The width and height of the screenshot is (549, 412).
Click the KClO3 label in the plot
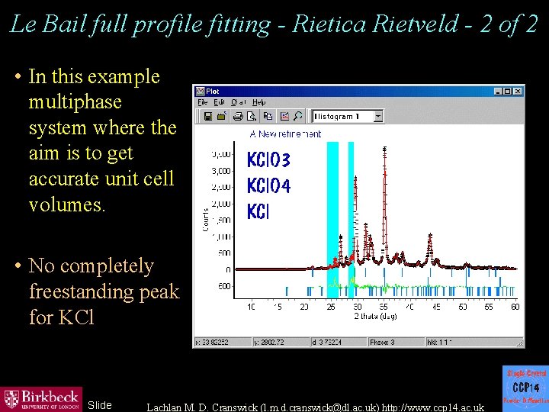pos(268,160)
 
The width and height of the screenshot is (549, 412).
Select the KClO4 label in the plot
pos(268,186)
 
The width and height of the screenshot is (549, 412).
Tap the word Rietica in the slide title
pos(329,24)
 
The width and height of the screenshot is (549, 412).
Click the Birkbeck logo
pos(42,398)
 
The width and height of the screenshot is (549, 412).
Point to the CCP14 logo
pos(525,388)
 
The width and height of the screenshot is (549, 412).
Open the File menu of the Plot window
pos(203,102)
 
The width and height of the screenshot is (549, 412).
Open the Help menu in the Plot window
pos(259,102)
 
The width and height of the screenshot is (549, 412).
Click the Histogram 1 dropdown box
pos(348,117)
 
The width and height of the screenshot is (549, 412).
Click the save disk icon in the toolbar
pos(207,117)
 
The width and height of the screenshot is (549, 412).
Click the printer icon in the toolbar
pos(238,117)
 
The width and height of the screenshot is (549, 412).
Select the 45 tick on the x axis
pos(435,307)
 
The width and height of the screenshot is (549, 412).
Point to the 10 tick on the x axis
pos(252,307)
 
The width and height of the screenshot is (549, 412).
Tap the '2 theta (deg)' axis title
pos(375,316)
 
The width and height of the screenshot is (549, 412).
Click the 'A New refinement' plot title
pos(285,134)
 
